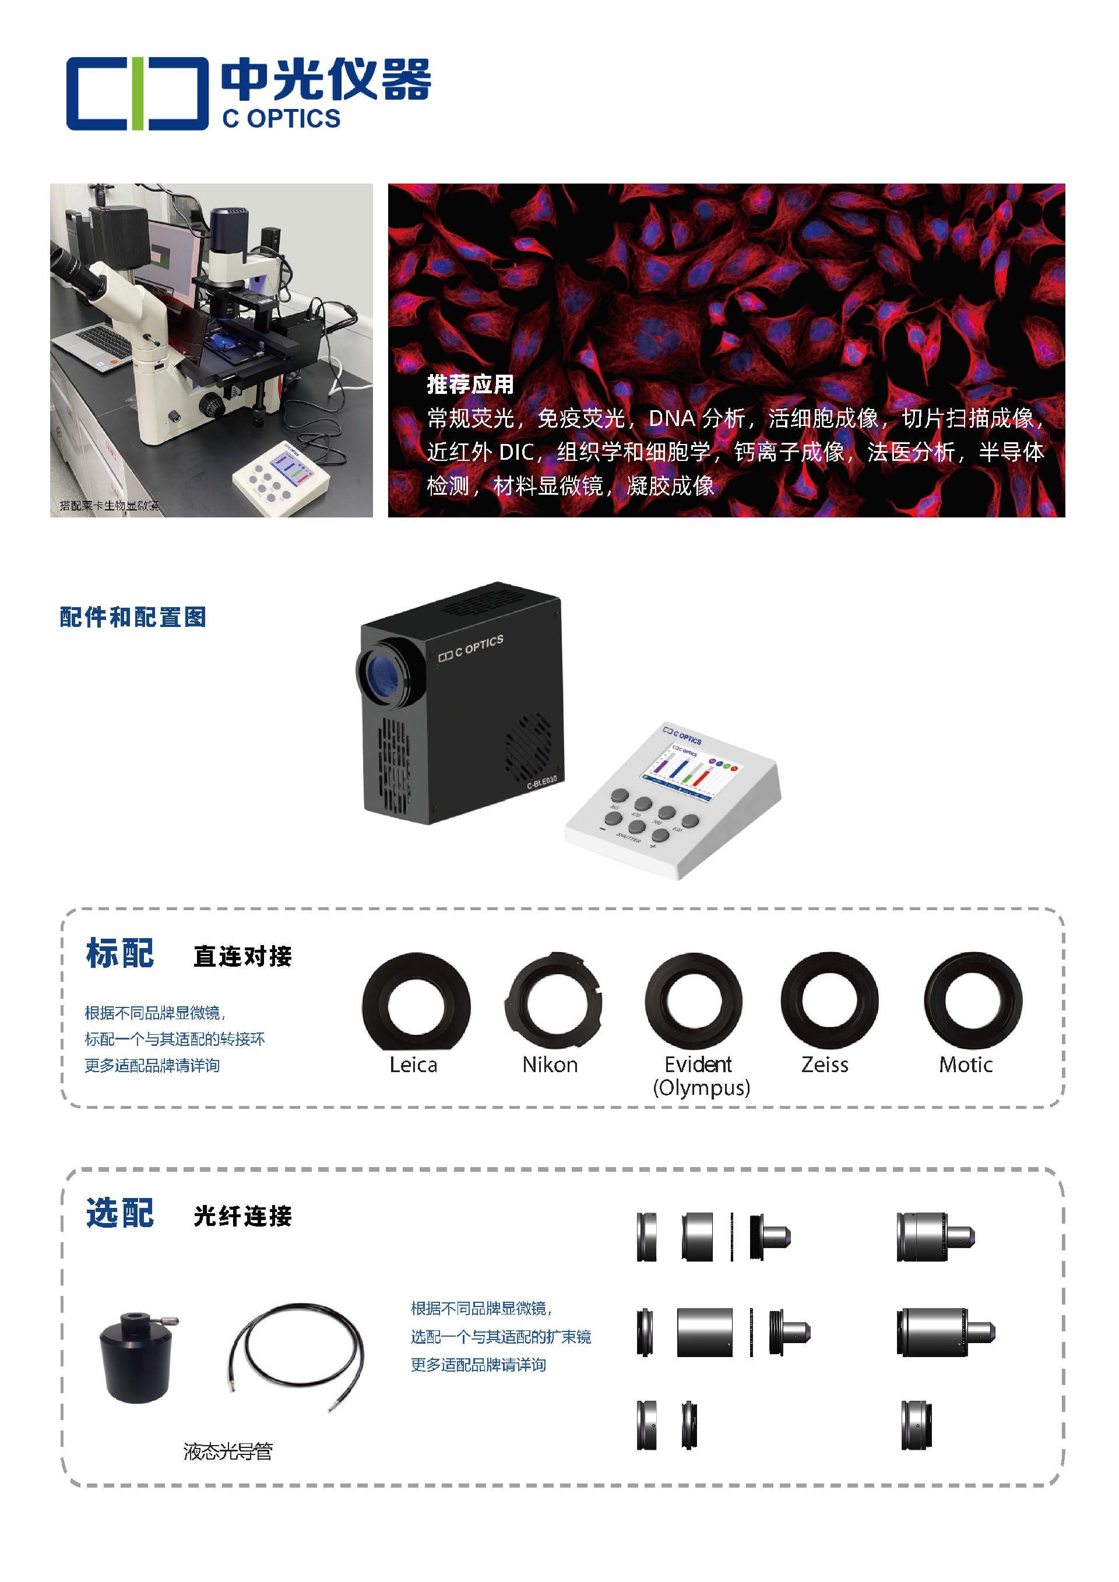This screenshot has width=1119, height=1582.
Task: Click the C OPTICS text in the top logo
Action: tap(281, 118)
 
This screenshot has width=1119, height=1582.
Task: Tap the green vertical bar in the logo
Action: tap(138, 94)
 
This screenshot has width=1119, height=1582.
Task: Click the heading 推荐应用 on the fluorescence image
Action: tap(470, 385)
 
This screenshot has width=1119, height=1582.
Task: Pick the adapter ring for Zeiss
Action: tap(829, 1001)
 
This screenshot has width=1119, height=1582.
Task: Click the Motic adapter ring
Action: tap(973, 1001)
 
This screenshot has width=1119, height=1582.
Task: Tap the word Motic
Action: tap(965, 1065)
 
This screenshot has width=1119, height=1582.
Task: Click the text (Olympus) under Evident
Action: tap(702, 1088)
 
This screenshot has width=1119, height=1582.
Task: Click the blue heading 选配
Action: tap(120, 1213)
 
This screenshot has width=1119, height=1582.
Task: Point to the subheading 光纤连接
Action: tap(242, 1216)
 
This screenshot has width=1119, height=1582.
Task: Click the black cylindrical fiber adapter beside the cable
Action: tap(136, 1358)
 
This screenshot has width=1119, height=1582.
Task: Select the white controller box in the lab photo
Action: tap(281, 477)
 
